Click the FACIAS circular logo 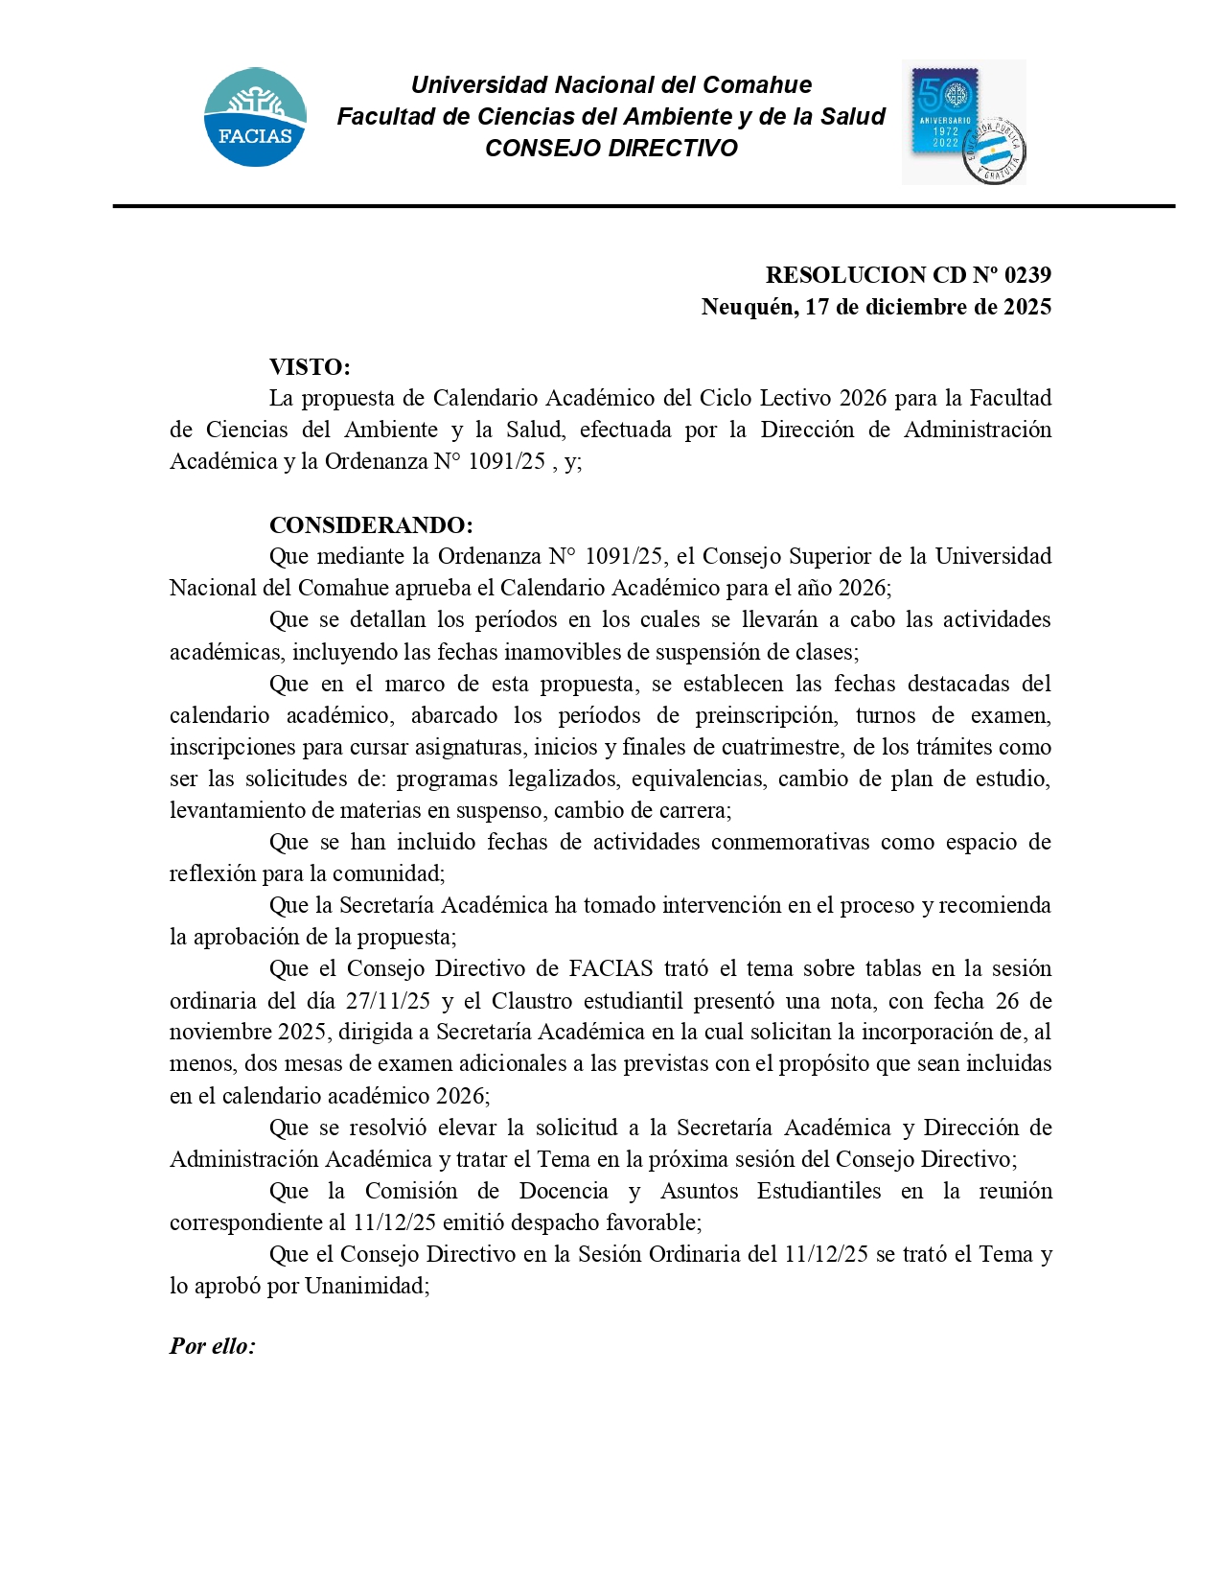[x=255, y=117]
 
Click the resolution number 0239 [x=1027, y=275]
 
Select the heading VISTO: [x=310, y=367]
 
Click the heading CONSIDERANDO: [x=371, y=525]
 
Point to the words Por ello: [x=213, y=1346]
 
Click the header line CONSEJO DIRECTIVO [x=611, y=149]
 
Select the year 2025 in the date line [x=1027, y=307]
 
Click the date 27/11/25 [x=388, y=1001]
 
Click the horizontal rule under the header [x=643, y=206]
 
